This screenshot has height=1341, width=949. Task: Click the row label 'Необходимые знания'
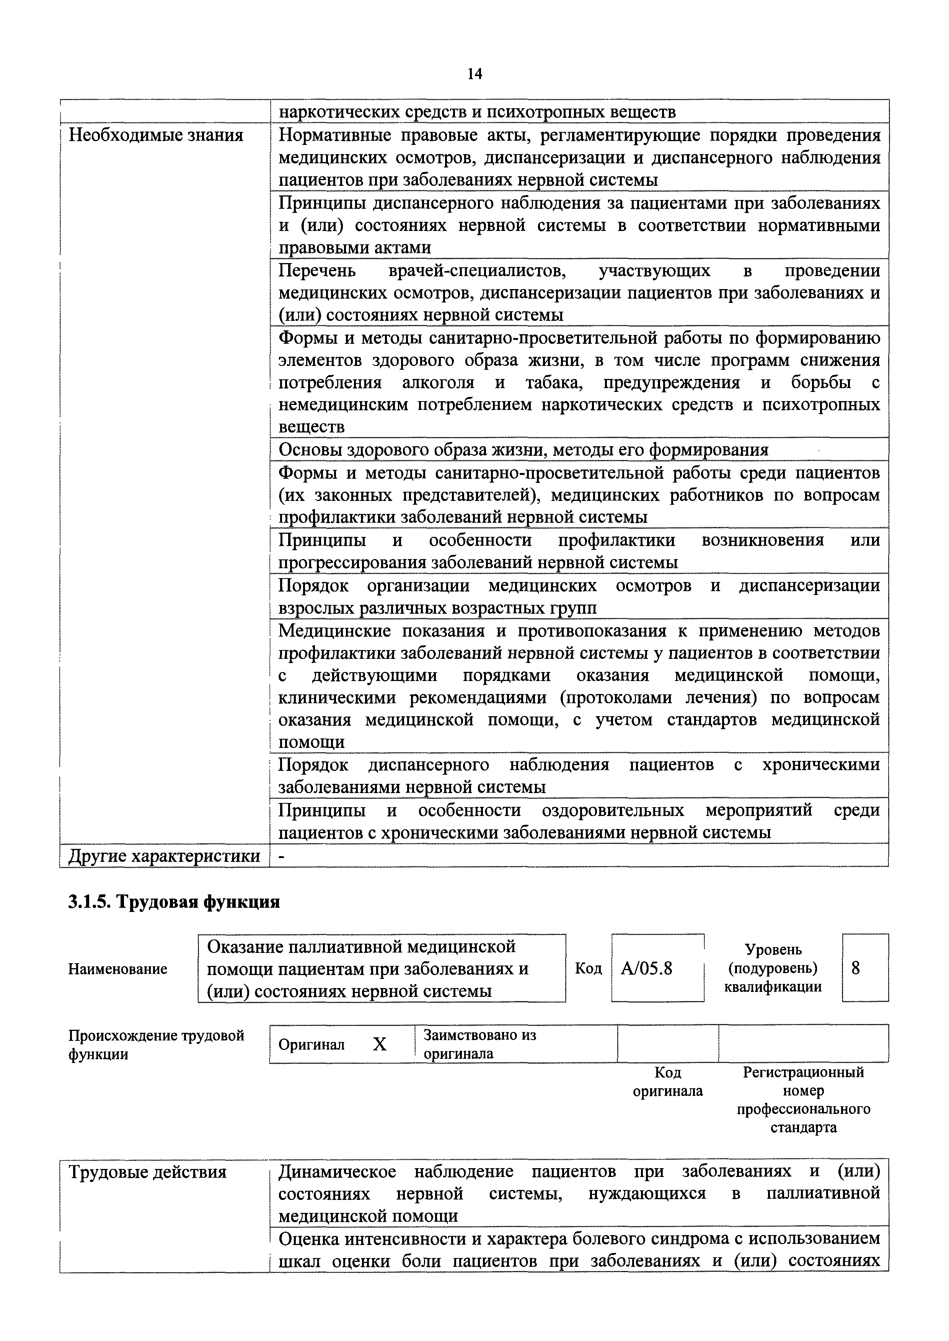156,135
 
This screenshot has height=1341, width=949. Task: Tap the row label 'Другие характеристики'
164,856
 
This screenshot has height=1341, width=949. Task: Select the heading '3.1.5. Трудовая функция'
174,902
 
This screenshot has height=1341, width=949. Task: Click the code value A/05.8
646,969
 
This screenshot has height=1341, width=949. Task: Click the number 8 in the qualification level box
856,969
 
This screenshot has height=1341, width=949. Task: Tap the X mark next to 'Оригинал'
380,1044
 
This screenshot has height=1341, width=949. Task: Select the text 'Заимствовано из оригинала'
479,1044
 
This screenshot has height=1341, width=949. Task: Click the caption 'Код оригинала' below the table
667,1082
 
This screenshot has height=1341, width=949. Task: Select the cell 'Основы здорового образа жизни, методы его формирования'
523,450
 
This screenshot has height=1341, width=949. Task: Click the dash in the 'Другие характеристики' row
283,856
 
